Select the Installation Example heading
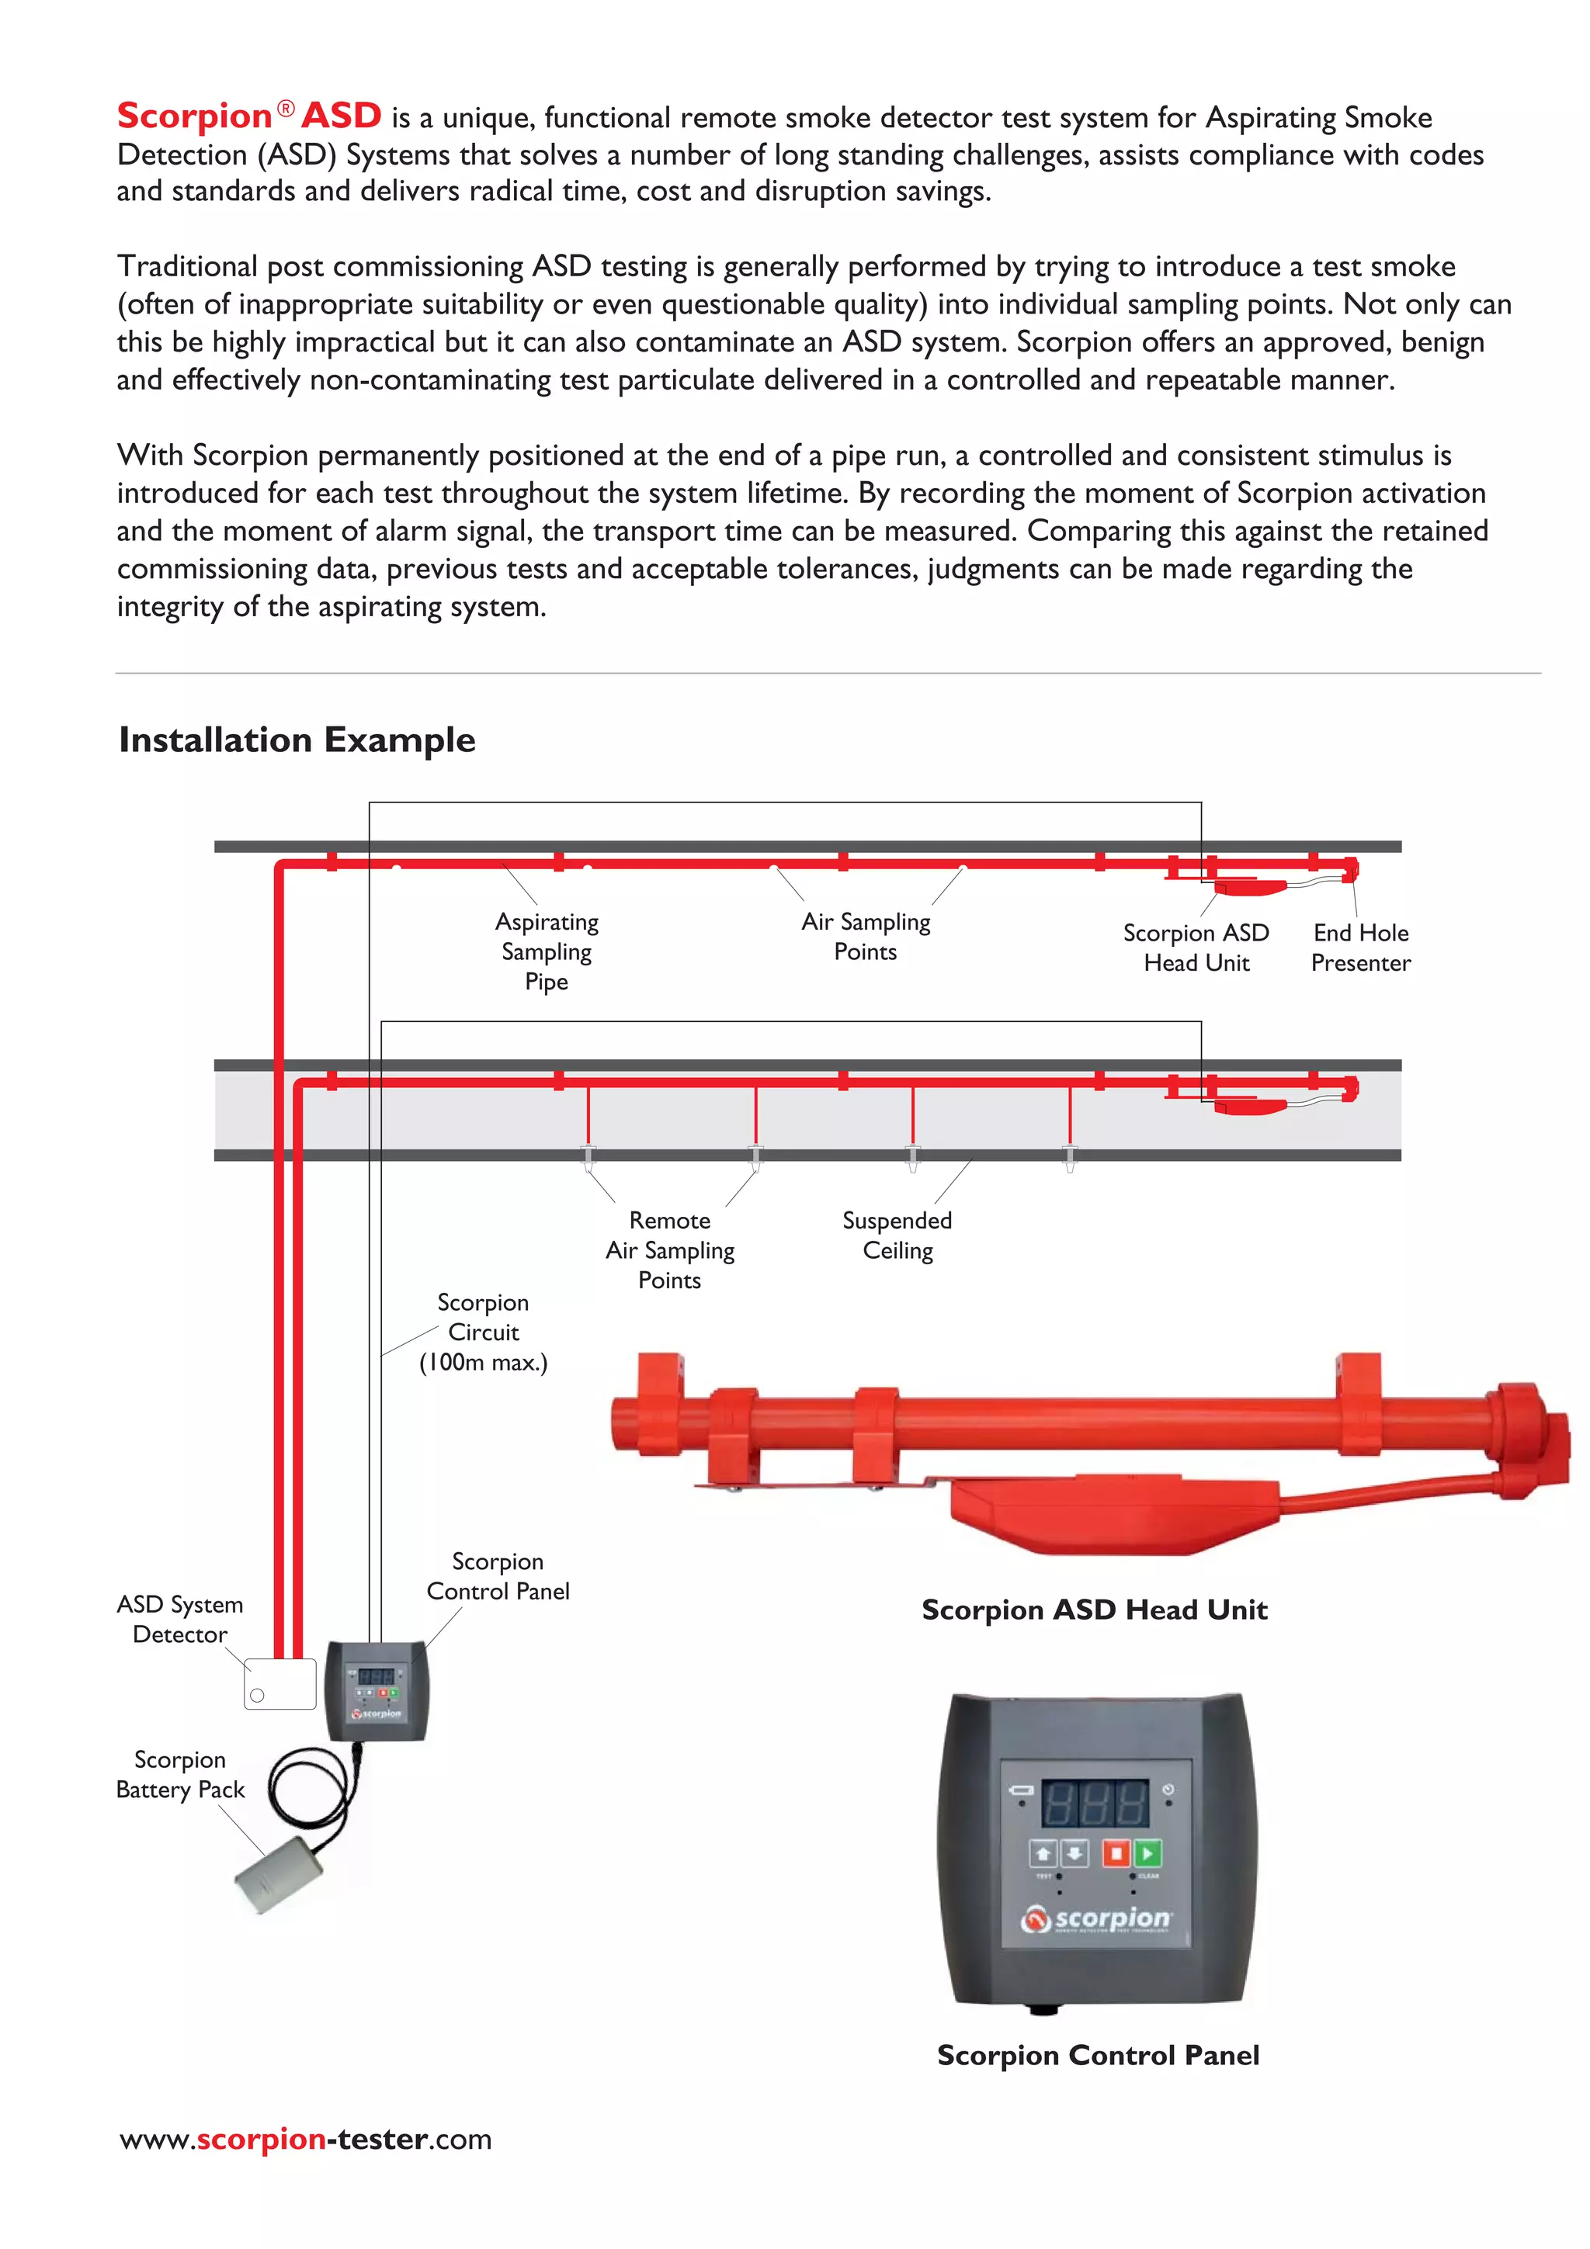tap(297, 740)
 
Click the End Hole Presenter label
tap(1361, 948)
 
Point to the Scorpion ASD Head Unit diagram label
tap(1196, 948)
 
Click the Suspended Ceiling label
tap(897, 1235)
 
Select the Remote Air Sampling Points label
tap(670, 1250)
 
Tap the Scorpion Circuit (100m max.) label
tap(483, 1332)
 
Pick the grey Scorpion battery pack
tap(279, 1875)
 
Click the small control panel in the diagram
tap(377, 1689)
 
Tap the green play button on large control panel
tap(1148, 1853)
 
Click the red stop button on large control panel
tap(1116, 1853)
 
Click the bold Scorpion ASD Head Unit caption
tap(1094, 1610)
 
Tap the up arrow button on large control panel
tap(1043, 1853)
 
